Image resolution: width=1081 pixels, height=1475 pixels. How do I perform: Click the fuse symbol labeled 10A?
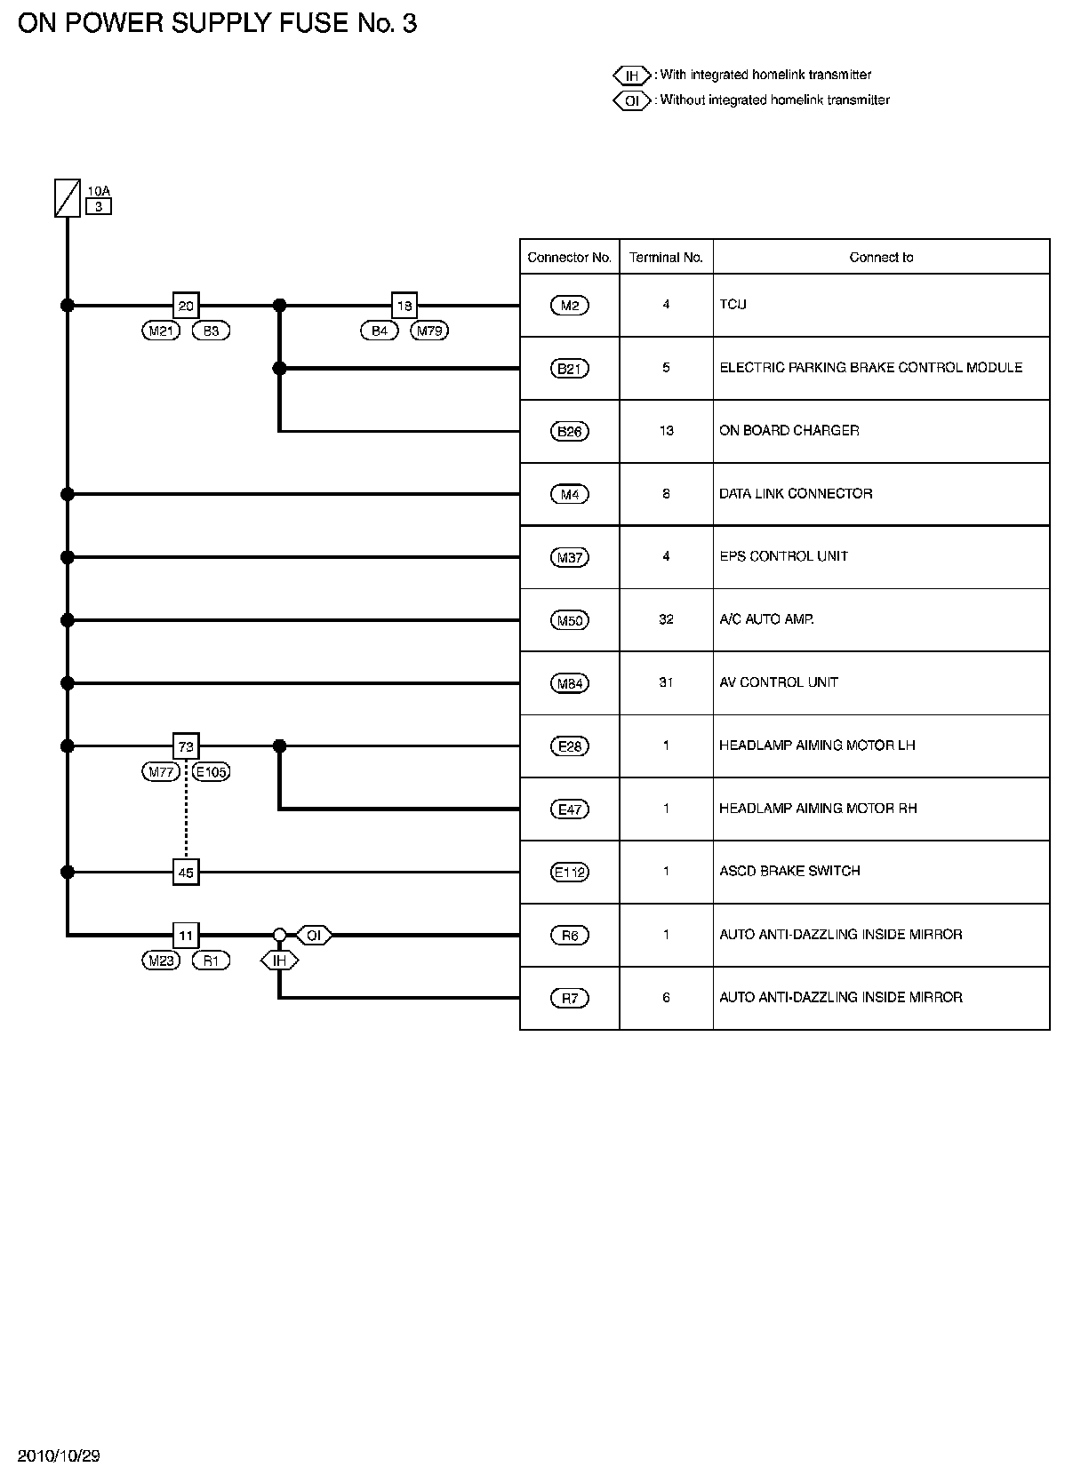click(x=68, y=197)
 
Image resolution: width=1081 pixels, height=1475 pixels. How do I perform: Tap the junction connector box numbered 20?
click(x=186, y=306)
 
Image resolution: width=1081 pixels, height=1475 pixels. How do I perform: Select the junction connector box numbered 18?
click(x=404, y=306)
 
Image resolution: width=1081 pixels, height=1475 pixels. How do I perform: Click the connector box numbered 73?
click(x=186, y=746)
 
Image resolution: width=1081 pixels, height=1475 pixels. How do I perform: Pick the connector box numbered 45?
click(x=186, y=873)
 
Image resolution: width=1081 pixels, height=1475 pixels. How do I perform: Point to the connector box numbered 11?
click(x=186, y=935)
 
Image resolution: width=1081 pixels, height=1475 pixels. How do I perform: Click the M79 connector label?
click(x=429, y=331)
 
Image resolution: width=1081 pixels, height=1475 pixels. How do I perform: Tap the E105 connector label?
click(x=211, y=772)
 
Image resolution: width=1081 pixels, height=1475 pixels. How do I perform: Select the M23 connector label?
click(x=161, y=961)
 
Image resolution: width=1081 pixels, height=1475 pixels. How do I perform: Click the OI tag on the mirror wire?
click(x=314, y=935)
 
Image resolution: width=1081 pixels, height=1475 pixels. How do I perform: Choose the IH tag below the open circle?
click(x=279, y=961)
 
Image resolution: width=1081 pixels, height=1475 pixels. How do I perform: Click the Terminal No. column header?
click(x=666, y=258)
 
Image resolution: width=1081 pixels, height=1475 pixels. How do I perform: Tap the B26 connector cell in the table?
click(x=570, y=432)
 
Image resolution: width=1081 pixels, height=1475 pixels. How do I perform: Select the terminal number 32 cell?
click(x=666, y=619)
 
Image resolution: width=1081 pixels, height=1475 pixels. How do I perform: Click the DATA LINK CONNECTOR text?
click(x=796, y=494)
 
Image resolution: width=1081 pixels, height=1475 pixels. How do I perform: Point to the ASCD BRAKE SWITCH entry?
click(x=789, y=872)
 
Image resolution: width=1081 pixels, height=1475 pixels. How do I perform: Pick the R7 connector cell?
click(x=570, y=999)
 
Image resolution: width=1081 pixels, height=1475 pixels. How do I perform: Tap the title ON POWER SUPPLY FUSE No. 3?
click(x=217, y=23)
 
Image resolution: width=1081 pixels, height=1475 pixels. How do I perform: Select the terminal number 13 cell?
click(x=666, y=431)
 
